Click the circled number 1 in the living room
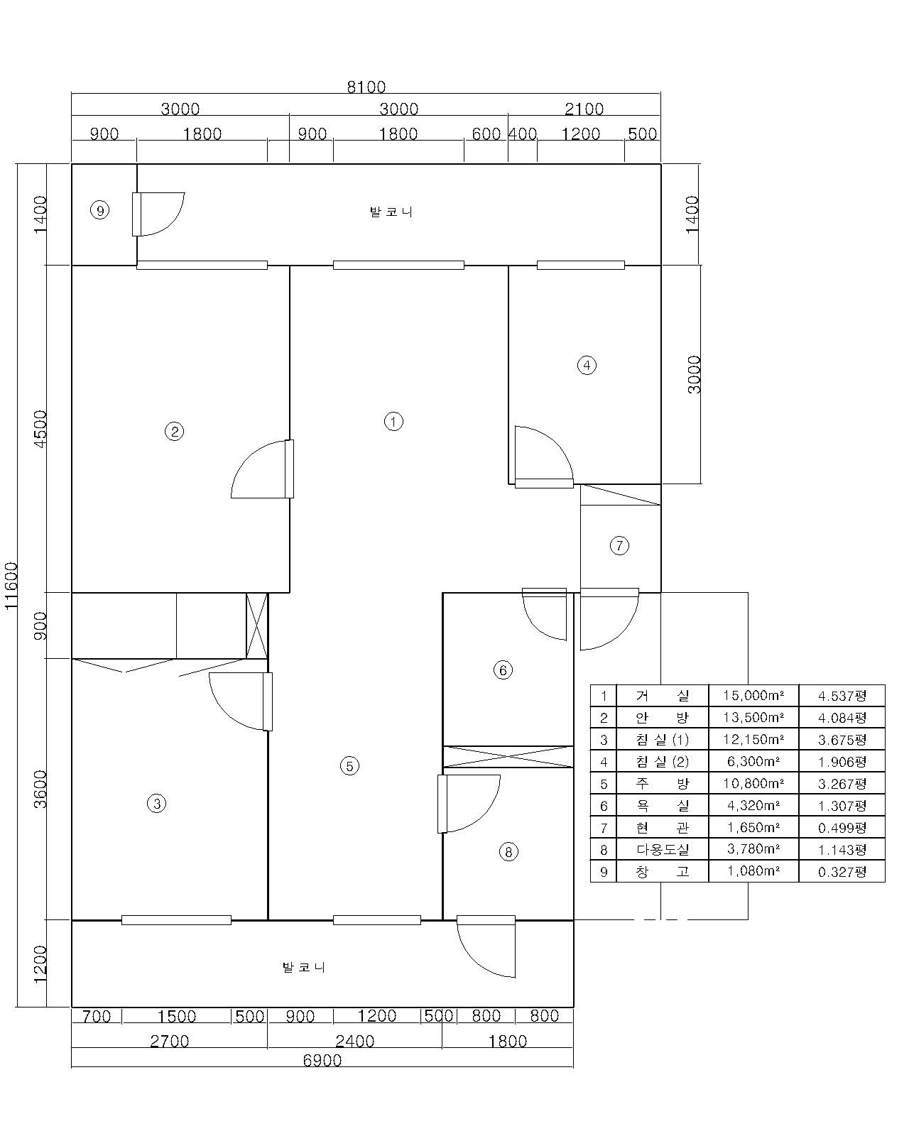pos(393,421)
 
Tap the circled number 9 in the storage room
pos(100,210)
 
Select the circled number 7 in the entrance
pos(619,545)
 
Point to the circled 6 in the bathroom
pos(502,670)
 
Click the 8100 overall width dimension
pos(366,87)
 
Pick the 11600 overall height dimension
pos(11,586)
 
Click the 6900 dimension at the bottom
pos(322,1060)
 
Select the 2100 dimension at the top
pos(584,109)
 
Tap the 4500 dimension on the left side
pos(40,429)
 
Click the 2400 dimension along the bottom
pos(355,1041)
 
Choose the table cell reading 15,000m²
pos(753,695)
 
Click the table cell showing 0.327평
pos(842,872)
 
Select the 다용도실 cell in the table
pos(663,849)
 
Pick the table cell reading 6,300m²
pos(753,761)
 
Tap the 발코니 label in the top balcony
pos(391,212)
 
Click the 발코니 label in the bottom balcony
pos(304,967)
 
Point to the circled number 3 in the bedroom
pos(156,804)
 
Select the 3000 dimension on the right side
pos(694,374)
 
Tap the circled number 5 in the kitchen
pos(349,765)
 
